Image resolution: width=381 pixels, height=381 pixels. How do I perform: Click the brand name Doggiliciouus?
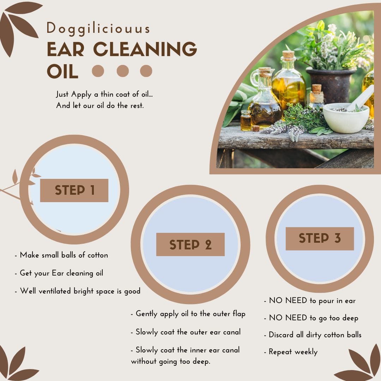(98, 29)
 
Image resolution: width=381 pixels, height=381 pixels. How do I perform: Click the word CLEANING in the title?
(145, 49)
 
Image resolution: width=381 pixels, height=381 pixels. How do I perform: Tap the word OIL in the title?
(62, 72)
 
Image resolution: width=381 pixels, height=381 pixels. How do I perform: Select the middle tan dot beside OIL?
(123, 71)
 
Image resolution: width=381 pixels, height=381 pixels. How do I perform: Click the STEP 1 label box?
(74, 190)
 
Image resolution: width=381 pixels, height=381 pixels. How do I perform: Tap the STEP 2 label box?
(190, 244)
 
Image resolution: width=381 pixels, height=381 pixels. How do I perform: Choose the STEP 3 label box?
(320, 238)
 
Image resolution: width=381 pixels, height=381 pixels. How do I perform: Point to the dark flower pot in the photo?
(331, 85)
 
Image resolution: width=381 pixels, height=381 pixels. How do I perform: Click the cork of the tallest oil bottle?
(289, 55)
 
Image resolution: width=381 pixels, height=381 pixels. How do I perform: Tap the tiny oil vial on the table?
(246, 120)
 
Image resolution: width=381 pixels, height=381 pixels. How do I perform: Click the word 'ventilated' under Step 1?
(55, 291)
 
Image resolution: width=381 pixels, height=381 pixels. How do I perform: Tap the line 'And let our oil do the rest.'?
(100, 105)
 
